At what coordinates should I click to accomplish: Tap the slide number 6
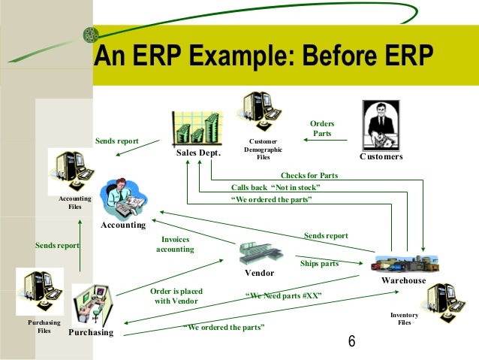coord(351,341)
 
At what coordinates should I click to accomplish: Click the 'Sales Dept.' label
coord(199,153)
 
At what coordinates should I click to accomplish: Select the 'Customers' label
coord(381,156)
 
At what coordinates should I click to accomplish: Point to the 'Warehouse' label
coord(403,280)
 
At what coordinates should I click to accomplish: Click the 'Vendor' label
coord(259,272)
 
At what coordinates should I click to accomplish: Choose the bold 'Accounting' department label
coord(123,225)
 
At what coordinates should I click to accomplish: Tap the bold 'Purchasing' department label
coord(91,332)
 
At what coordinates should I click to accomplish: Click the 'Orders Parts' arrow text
coord(322,129)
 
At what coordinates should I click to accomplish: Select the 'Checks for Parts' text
coord(309,175)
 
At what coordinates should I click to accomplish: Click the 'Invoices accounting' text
coord(175,244)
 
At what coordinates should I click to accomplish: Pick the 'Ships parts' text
coord(319,264)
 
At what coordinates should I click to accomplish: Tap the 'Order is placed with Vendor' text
coord(176,295)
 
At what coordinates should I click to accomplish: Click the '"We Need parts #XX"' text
coord(283,295)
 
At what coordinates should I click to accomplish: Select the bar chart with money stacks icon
coord(198,127)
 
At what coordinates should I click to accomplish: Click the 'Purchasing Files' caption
coord(44,325)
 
